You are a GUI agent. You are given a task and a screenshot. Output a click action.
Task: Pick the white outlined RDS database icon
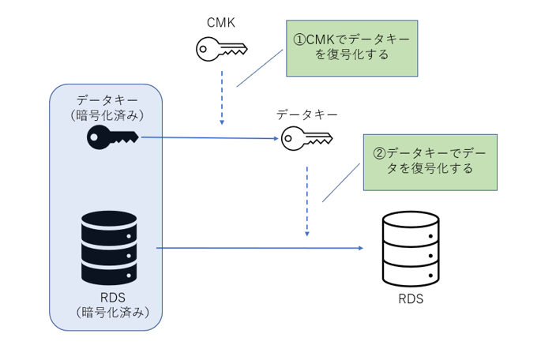[x=411, y=250]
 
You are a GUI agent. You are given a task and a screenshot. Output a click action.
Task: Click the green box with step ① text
[x=351, y=47]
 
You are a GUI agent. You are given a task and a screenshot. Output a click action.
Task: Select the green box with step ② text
[x=430, y=161]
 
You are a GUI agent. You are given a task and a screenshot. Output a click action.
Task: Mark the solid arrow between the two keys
[x=209, y=138]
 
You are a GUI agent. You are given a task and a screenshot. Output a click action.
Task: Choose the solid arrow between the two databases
[x=261, y=249]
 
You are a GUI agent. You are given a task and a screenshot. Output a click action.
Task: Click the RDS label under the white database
[x=411, y=299]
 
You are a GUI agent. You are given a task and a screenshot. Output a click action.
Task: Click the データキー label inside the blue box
[x=106, y=99]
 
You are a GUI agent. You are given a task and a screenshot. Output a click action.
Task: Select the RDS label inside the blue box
[x=106, y=298]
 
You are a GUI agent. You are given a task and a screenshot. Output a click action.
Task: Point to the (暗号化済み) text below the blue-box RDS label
[x=106, y=313]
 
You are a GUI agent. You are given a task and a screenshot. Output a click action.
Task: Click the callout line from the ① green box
[x=259, y=69]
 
